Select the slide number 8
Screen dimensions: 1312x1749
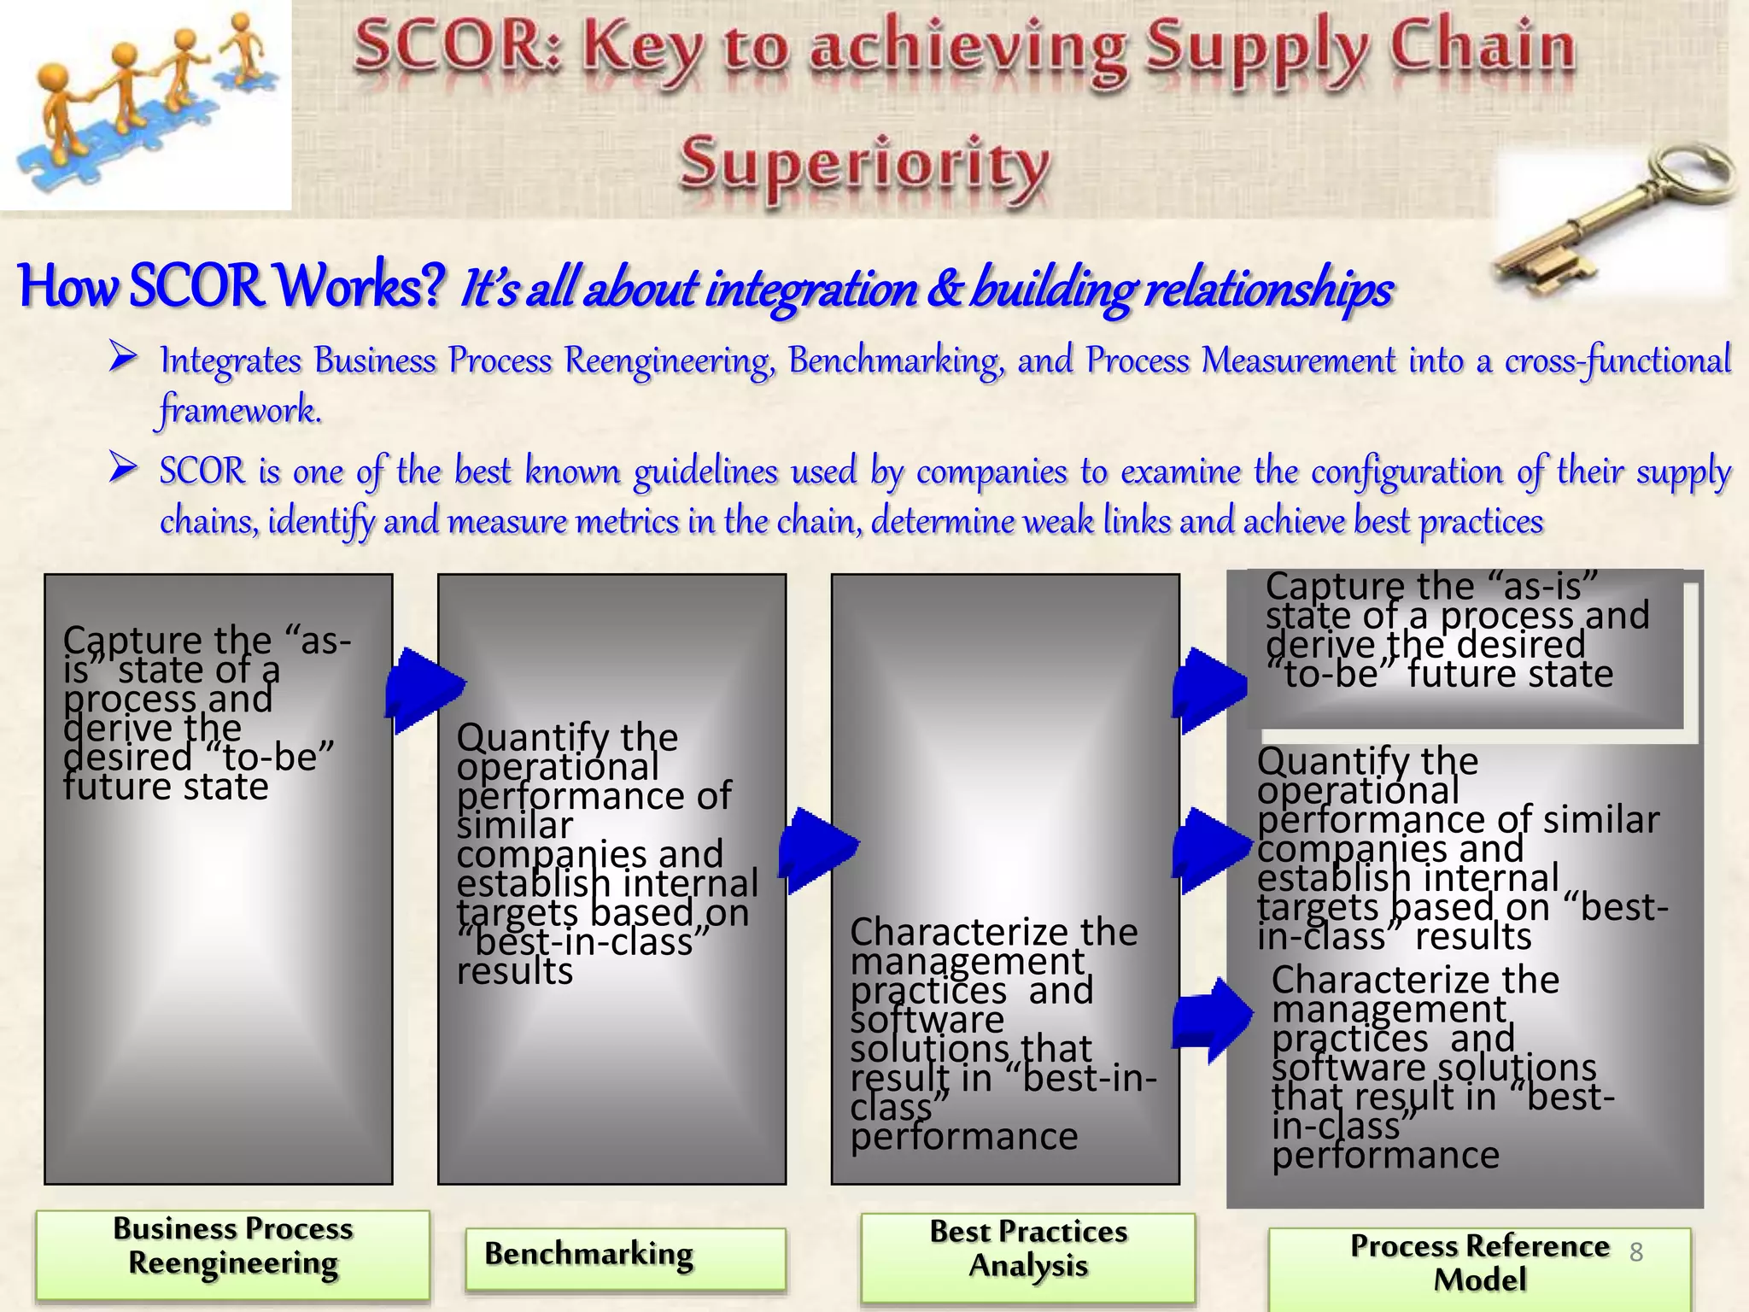1635,1252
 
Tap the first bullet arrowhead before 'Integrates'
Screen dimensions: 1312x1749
123,356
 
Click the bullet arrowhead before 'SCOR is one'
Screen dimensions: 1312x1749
123,467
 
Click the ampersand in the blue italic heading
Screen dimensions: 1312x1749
943,289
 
